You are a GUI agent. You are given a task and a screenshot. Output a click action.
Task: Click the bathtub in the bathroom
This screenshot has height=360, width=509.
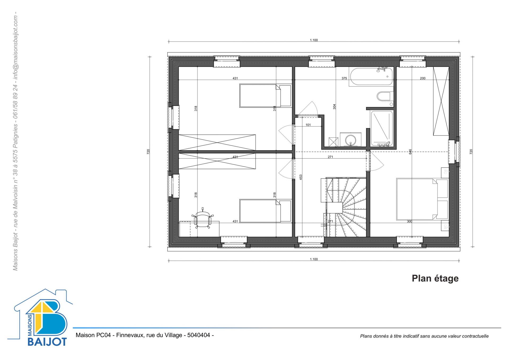click(x=371, y=77)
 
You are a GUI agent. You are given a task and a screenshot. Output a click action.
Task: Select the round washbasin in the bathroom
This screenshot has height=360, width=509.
click(x=351, y=139)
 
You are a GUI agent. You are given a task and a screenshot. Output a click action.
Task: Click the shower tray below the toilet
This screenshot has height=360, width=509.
click(x=382, y=128)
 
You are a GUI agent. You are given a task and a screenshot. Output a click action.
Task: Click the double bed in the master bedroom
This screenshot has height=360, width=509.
click(x=422, y=199)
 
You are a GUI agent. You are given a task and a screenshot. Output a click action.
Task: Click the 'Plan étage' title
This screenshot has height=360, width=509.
click(x=435, y=279)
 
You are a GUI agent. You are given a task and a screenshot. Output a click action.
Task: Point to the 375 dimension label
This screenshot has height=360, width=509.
click(x=344, y=78)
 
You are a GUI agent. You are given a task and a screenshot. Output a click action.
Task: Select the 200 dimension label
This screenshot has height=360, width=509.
click(x=423, y=78)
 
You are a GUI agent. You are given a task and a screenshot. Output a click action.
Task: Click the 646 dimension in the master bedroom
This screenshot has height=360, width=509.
click(x=410, y=152)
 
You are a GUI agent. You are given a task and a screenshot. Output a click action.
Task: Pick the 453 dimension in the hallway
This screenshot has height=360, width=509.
click(x=301, y=177)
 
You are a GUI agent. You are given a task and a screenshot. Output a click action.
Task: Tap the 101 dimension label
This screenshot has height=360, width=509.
click(x=308, y=125)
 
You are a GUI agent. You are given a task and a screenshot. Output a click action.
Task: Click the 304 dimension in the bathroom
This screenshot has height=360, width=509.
click(x=334, y=107)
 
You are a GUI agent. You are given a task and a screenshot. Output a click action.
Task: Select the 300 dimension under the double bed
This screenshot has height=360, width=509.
click(x=410, y=221)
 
